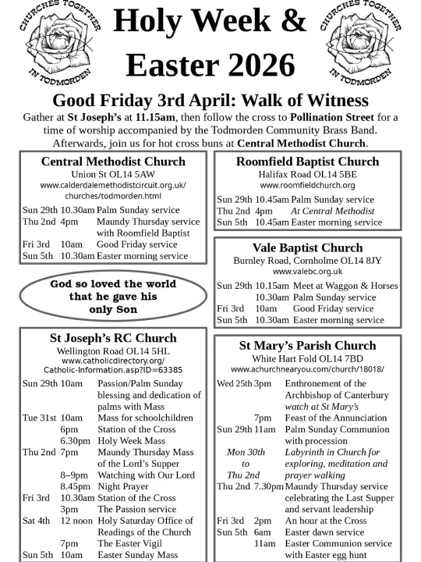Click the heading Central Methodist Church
pyautogui.click(x=113, y=162)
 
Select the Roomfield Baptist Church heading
pyautogui.click(x=307, y=162)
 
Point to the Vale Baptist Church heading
pyautogui.click(x=307, y=247)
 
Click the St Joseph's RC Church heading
pyautogui.click(x=113, y=339)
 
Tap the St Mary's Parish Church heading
pyautogui.click(x=307, y=345)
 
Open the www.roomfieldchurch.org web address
pyautogui.click(x=307, y=186)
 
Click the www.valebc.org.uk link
pyautogui.click(x=307, y=271)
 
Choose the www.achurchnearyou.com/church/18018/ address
pyautogui.click(x=307, y=368)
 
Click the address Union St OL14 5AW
pyautogui.click(x=113, y=174)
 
